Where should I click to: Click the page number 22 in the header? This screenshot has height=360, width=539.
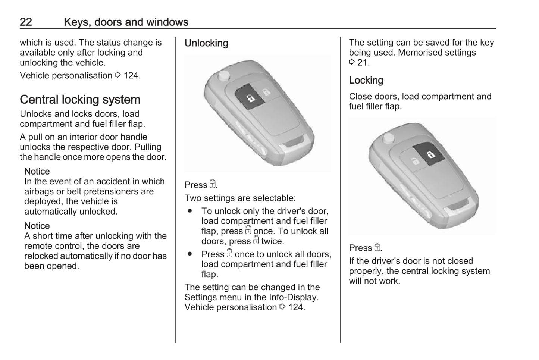[x=26, y=22]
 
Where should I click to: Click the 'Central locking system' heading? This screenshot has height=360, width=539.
[x=80, y=100]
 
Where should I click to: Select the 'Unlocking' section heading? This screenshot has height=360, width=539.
[x=206, y=43]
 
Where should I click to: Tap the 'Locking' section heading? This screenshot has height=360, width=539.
[x=366, y=81]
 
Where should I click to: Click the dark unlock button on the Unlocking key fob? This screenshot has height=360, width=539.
[x=249, y=97]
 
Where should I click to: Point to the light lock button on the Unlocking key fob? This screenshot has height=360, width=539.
[x=266, y=92]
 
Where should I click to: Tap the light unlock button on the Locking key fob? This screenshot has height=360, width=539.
[x=415, y=161]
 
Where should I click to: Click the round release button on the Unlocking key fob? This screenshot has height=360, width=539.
[x=224, y=76]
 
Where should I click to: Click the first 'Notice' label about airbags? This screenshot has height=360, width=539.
[x=37, y=172]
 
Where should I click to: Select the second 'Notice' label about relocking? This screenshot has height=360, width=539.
[x=37, y=226]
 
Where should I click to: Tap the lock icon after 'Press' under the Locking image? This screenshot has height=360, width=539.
[x=377, y=247]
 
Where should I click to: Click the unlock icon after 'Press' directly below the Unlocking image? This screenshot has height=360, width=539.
[x=212, y=184]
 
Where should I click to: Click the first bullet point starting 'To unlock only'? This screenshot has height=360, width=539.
[x=190, y=211]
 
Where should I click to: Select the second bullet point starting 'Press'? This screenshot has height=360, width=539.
[x=190, y=254]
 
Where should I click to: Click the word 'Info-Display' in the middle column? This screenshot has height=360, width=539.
[x=294, y=297]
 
